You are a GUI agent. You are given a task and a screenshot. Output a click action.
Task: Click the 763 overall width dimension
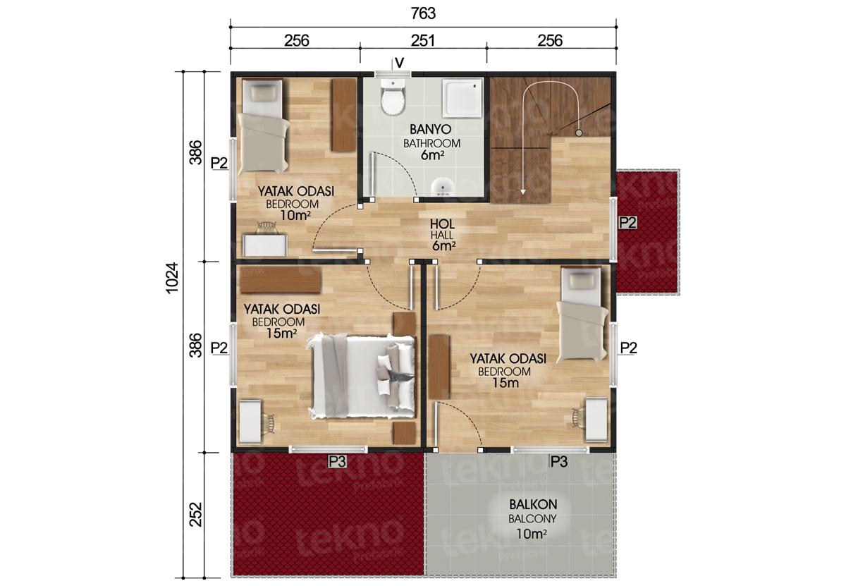pyautogui.click(x=423, y=13)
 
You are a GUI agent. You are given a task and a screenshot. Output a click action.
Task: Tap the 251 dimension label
pyautogui.click(x=422, y=41)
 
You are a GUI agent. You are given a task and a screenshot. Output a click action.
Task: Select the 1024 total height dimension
pyautogui.click(x=172, y=277)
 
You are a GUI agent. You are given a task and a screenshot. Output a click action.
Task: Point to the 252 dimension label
pyautogui.click(x=196, y=514)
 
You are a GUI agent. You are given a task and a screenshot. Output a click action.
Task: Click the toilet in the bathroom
pyautogui.click(x=393, y=97)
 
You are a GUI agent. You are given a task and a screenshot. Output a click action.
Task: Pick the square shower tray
pyautogui.click(x=463, y=98)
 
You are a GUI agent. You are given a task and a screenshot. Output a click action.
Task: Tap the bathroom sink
pyautogui.click(x=443, y=187)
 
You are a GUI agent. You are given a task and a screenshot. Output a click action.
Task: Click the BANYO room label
pyautogui.click(x=430, y=130)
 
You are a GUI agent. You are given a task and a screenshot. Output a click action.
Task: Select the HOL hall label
pyautogui.click(x=442, y=224)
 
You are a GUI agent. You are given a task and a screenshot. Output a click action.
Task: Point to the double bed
pyautogui.click(x=362, y=376)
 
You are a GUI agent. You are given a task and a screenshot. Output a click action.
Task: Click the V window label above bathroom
pyautogui.click(x=399, y=62)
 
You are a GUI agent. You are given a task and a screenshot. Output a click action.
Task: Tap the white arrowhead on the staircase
pyautogui.click(x=522, y=192)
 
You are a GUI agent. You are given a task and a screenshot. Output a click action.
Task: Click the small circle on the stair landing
pyautogui.click(x=578, y=133)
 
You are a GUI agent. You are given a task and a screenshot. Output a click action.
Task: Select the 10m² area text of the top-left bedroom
pyautogui.click(x=295, y=215)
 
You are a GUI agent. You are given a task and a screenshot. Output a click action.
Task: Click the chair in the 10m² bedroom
pyautogui.click(x=266, y=228)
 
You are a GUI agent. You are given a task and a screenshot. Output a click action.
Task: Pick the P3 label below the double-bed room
pyautogui.click(x=337, y=461)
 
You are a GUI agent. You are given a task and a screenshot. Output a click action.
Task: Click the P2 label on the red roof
pyautogui.click(x=627, y=223)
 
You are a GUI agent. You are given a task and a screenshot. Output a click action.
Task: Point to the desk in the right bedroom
pyautogui.click(x=596, y=420)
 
